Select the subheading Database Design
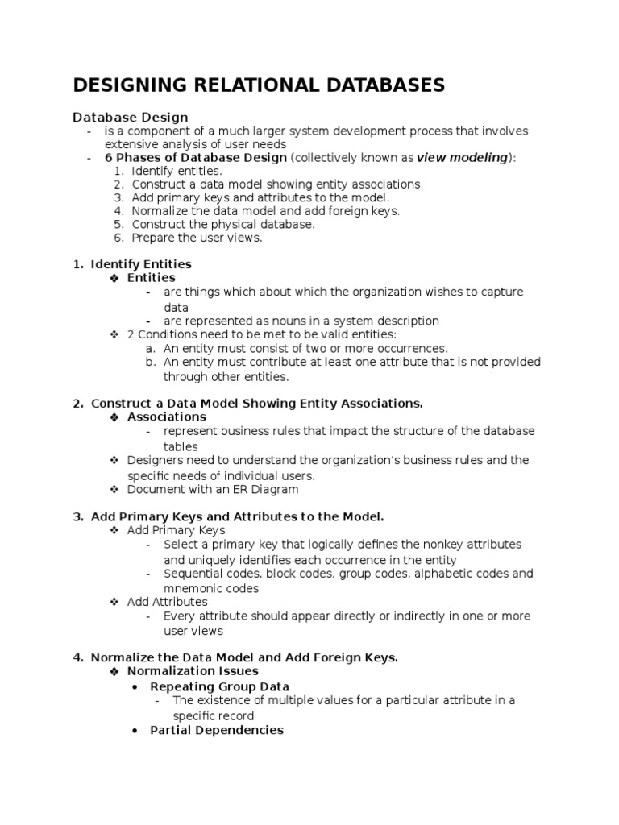[131, 118]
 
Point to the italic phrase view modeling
[462, 157]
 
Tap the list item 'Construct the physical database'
[222, 224]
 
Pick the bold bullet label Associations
[166, 417]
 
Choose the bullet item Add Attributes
[167, 602]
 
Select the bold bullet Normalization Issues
[193, 670]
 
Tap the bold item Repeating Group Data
[219, 686]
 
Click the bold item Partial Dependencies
[216, 730]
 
